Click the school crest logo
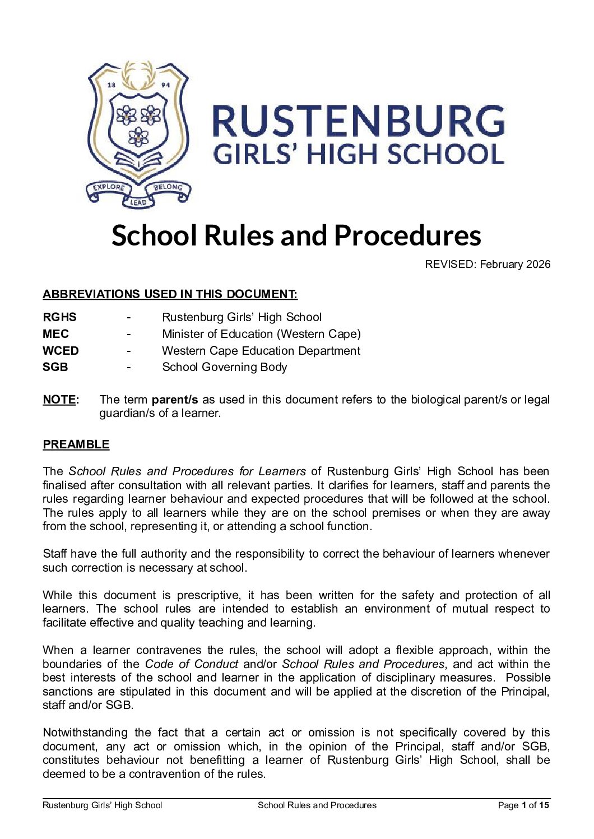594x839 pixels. coord(138,134)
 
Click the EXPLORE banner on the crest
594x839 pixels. coord(109,188)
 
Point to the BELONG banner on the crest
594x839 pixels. coord(168,188)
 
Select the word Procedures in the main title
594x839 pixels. coord(407,235)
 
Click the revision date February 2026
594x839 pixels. coord(515,265)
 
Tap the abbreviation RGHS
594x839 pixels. coord(59,317)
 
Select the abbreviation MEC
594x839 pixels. coord(55,334)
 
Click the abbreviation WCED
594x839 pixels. coord(61,351)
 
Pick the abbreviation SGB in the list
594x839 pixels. coord(55,367)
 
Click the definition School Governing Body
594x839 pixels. coord(224,367)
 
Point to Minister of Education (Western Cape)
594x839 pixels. coord(261,334)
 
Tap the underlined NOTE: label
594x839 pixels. coord(61,400)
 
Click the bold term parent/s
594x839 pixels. coord(175,400)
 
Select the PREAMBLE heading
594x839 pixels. coord(76,444)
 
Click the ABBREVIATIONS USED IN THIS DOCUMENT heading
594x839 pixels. coord(170,294)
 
